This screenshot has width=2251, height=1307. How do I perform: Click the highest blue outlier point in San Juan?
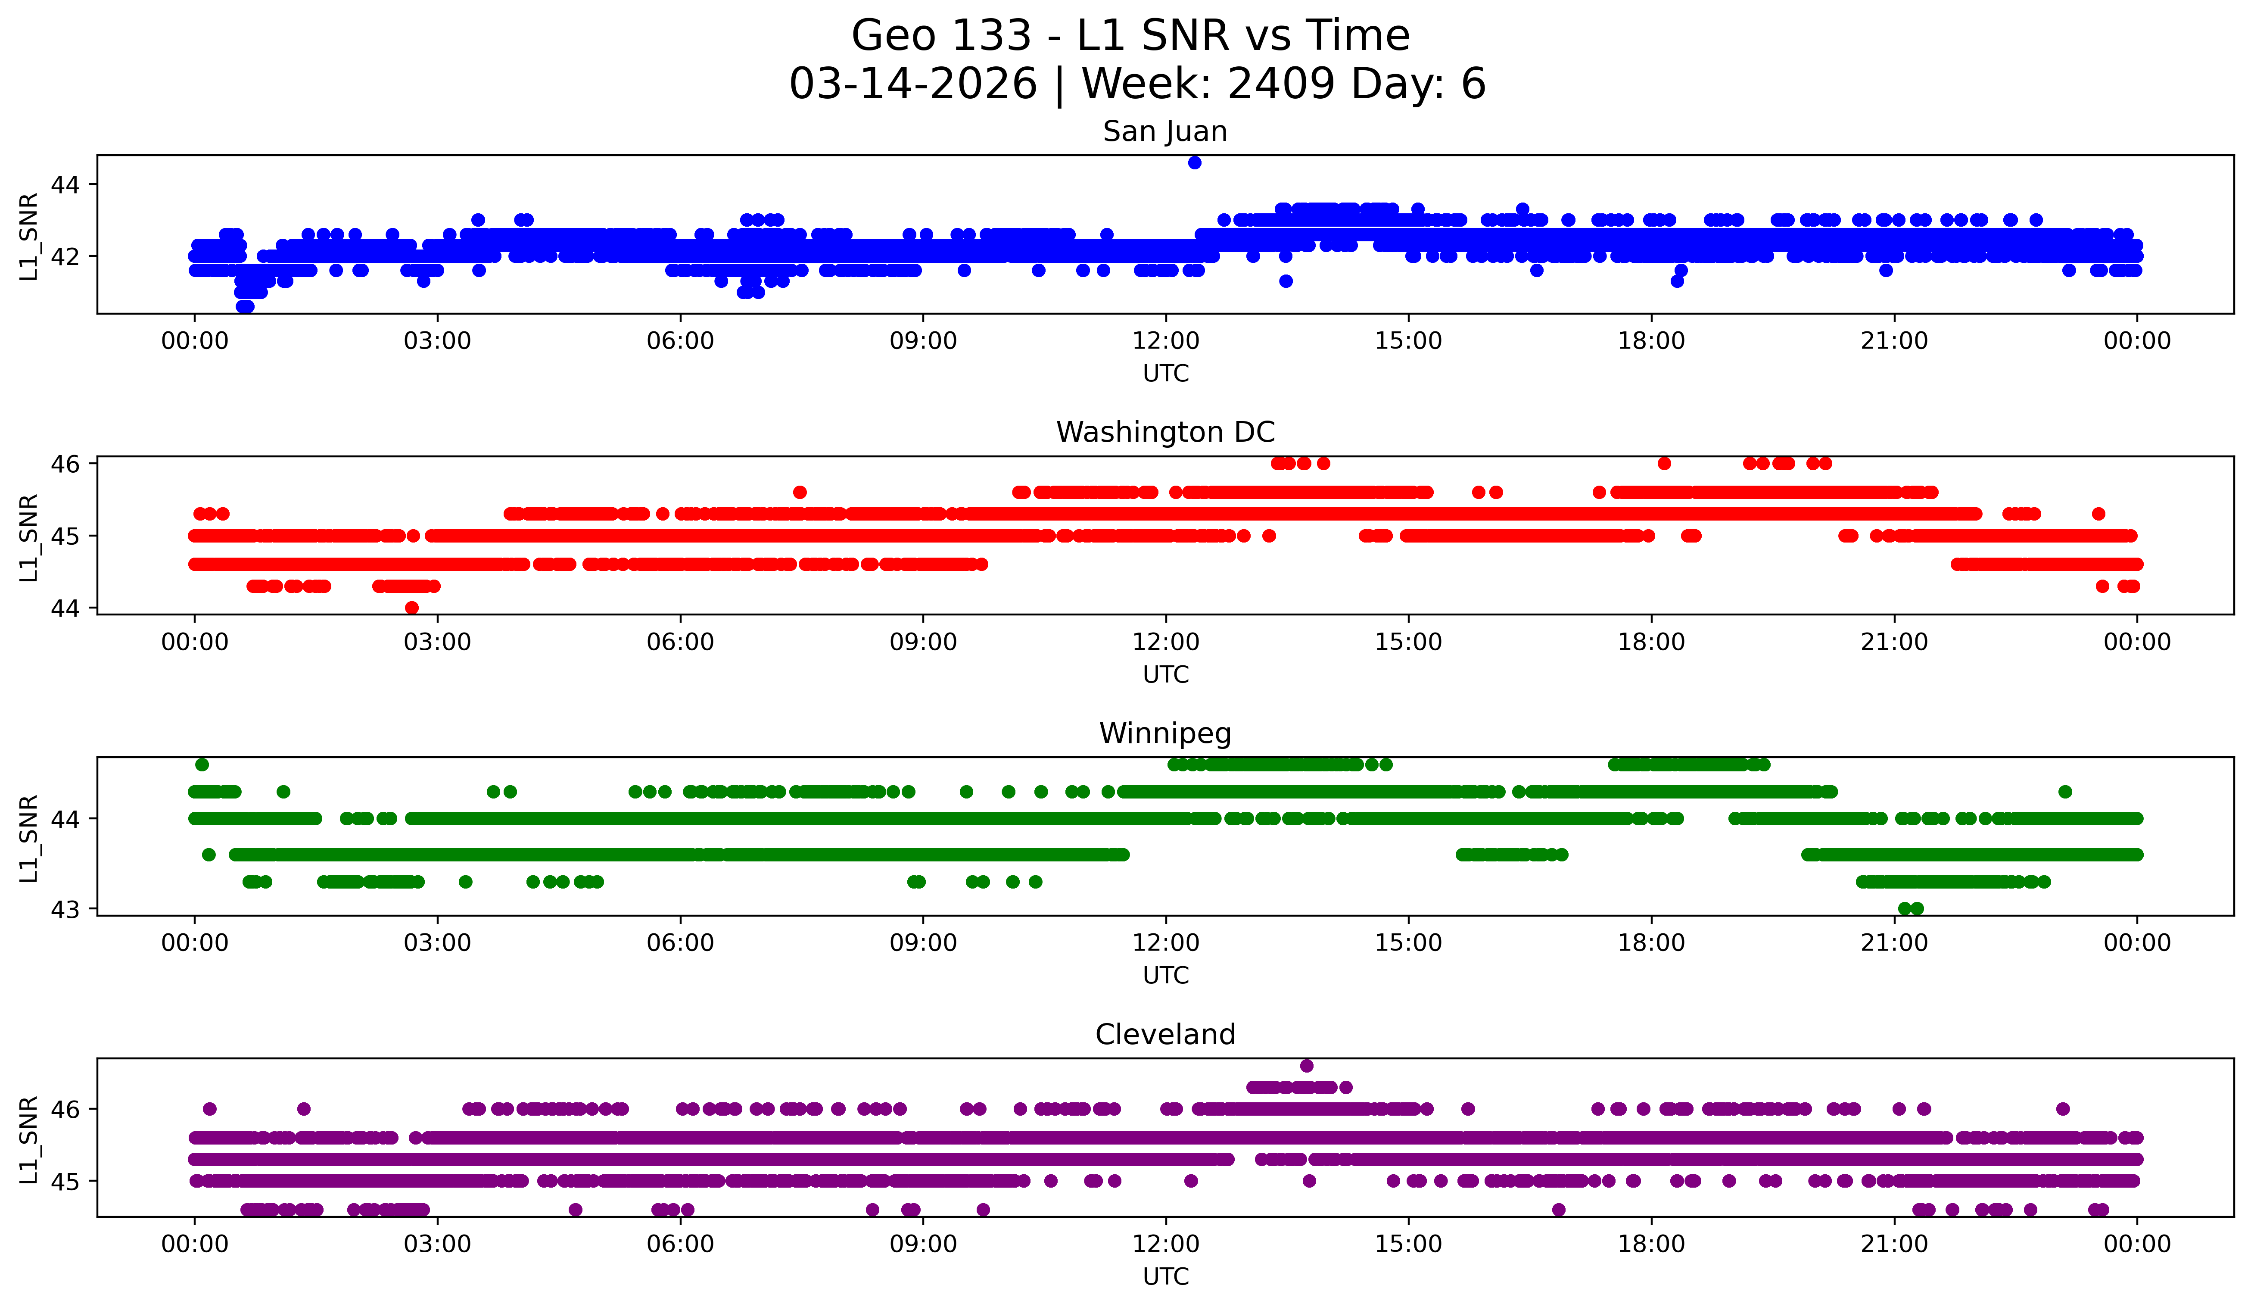pyautogui.click(x=1194, y=162)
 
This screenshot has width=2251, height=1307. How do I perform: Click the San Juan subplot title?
pyautogui.click(x=1165, y=131)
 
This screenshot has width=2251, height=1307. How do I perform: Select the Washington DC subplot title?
pyautogui.click(x=1165, y=432)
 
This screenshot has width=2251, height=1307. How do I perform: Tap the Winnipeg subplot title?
pyautogui.click(x=1165, y=733)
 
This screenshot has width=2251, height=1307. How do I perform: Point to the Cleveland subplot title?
pyautogui.click(x=1165, y=1035)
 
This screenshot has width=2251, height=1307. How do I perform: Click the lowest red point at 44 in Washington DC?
pyautogui.click(x=412, y=608)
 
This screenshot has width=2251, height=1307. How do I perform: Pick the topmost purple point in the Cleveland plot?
pyautogui.click(x=1307, y=1066)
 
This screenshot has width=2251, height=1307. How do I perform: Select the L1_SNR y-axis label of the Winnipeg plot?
pyautogui.click(x=28, y=838)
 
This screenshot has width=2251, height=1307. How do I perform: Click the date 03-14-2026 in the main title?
pyautogui.click(x=913, y=84)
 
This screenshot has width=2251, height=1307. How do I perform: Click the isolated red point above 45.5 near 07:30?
pyautogui.click(x=800, y=492)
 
